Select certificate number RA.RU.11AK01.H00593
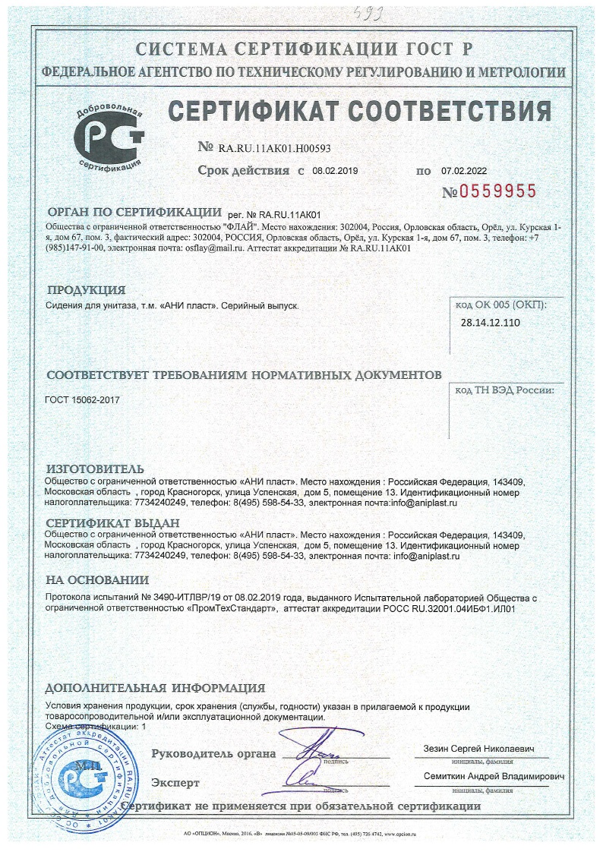click(x=274, y=148)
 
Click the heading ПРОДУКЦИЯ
click(x=86, y=289)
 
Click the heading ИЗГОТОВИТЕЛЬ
click(x=95, y=469)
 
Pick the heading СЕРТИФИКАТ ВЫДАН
click(x=112, y=523)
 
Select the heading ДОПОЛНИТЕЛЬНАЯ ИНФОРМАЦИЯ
click(x=155, y=688)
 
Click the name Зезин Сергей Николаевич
click(x=478, y=749)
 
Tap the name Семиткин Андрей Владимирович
click(x=495, y=778)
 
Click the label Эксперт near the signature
click(x=175, y=782)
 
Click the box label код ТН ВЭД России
click(x=504, y=390)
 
